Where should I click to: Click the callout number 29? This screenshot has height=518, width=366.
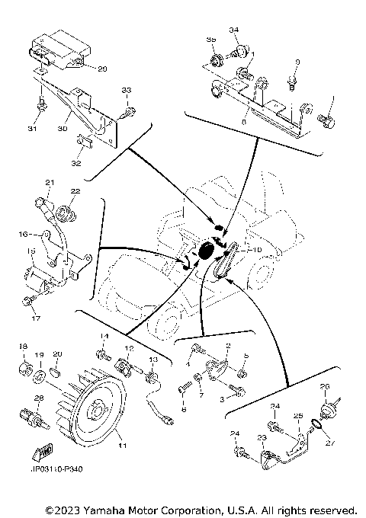(x=102, y=69)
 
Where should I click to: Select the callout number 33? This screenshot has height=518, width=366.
(x=127, y=91)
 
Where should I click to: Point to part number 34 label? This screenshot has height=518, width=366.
(x=234, y=30)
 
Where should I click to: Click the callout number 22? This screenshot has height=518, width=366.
(x=75, y=190)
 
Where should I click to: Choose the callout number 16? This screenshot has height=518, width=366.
(x=24, y=235)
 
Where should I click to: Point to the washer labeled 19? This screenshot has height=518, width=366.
(x=40, y=376)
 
